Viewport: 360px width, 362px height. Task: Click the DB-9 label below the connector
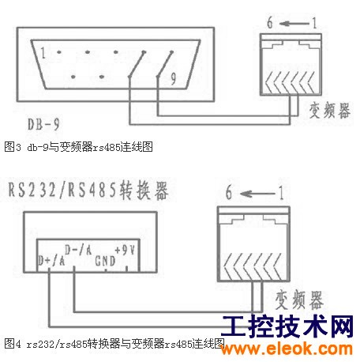click(43, 124)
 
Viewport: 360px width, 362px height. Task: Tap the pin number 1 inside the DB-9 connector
click(43, 53)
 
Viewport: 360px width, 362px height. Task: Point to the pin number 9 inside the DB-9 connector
click(173, 78)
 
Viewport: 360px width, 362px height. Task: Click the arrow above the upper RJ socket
click(294, 24)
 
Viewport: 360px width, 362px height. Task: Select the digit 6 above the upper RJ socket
click(270, 23)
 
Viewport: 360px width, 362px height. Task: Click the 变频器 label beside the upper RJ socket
click(330, 111)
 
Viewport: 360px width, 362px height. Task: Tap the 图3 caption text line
click(78, 147)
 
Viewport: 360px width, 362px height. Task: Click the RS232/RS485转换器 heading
click(88, 190)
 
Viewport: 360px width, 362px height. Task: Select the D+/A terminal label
click(51, 261)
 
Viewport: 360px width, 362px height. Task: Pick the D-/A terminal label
click(78, 250)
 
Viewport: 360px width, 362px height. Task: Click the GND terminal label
click(105, 261)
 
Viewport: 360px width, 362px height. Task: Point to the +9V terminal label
click(125, 250)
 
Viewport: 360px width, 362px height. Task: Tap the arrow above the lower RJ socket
click(257, 194)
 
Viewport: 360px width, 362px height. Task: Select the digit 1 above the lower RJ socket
click(281, 193)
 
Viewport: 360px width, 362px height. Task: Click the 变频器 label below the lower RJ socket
click(299, 300)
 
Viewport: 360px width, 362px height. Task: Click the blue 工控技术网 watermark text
click(287, 326)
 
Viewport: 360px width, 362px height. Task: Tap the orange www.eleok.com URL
click(287, 349)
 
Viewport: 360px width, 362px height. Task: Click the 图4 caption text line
click(114, 344)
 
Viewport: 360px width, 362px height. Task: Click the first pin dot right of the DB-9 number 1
click(59, 52)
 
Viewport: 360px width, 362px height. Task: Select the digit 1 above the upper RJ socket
click(314, 23)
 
